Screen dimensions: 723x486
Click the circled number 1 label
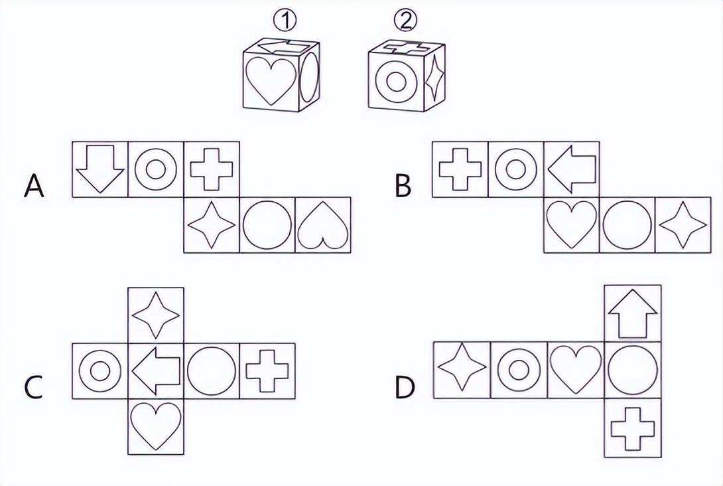click(x=284, y=21)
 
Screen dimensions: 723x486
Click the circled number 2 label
click(x=406, y=20)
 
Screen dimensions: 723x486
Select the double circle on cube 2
click(x=396, y=82)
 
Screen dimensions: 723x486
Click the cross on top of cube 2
click(x=406, y=46)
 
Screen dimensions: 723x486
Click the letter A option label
click(x=34, y=187)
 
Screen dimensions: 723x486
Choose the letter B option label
click(x=403, y=187)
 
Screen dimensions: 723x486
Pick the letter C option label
click(x=33, y=387)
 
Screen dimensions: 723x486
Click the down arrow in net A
click(x=100, y=169)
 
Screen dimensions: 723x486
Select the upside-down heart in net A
click(x=323, y=225)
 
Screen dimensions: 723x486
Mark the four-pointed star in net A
click(x=212, y=226)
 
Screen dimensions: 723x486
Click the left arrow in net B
click(x=572, y=169)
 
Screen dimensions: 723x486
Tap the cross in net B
click(x=460, y=169)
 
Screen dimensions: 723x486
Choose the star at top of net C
click(x=156, y=315)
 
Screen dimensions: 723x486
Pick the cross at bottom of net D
click(x=632, y=429)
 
